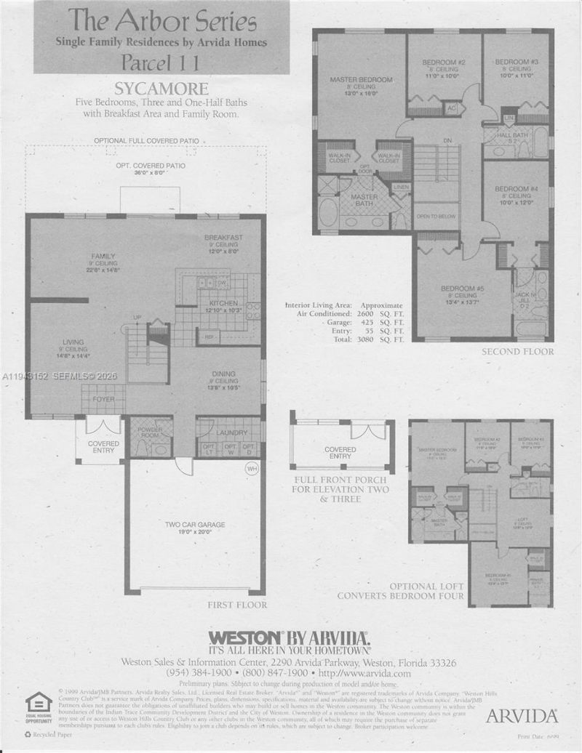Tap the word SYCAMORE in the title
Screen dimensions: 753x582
(x=161, y=90)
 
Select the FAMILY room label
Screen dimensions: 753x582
(x=103, y=256)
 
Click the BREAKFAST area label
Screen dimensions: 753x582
(x=223, y=238)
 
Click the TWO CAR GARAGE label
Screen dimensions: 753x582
(x=194, y=524)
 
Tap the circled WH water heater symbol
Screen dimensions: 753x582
(x=252, y=469)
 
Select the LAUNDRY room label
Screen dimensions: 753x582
(x=231, y=433)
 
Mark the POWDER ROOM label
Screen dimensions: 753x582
(x=150, y=430)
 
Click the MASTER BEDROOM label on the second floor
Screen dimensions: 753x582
(x=361, y=79)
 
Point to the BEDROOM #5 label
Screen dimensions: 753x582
(x=462, y=289)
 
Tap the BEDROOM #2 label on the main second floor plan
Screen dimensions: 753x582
(x=444, y=63)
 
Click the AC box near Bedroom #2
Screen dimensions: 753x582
(x=451, y=108)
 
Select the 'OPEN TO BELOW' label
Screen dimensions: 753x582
(x=435, y=217)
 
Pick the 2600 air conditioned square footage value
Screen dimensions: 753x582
(x=366, y=314)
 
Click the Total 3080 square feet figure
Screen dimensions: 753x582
(x=366, y=339)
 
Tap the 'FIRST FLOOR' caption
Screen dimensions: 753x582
(x=238, y=605)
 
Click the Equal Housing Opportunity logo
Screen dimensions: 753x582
(x=39, y=706)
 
